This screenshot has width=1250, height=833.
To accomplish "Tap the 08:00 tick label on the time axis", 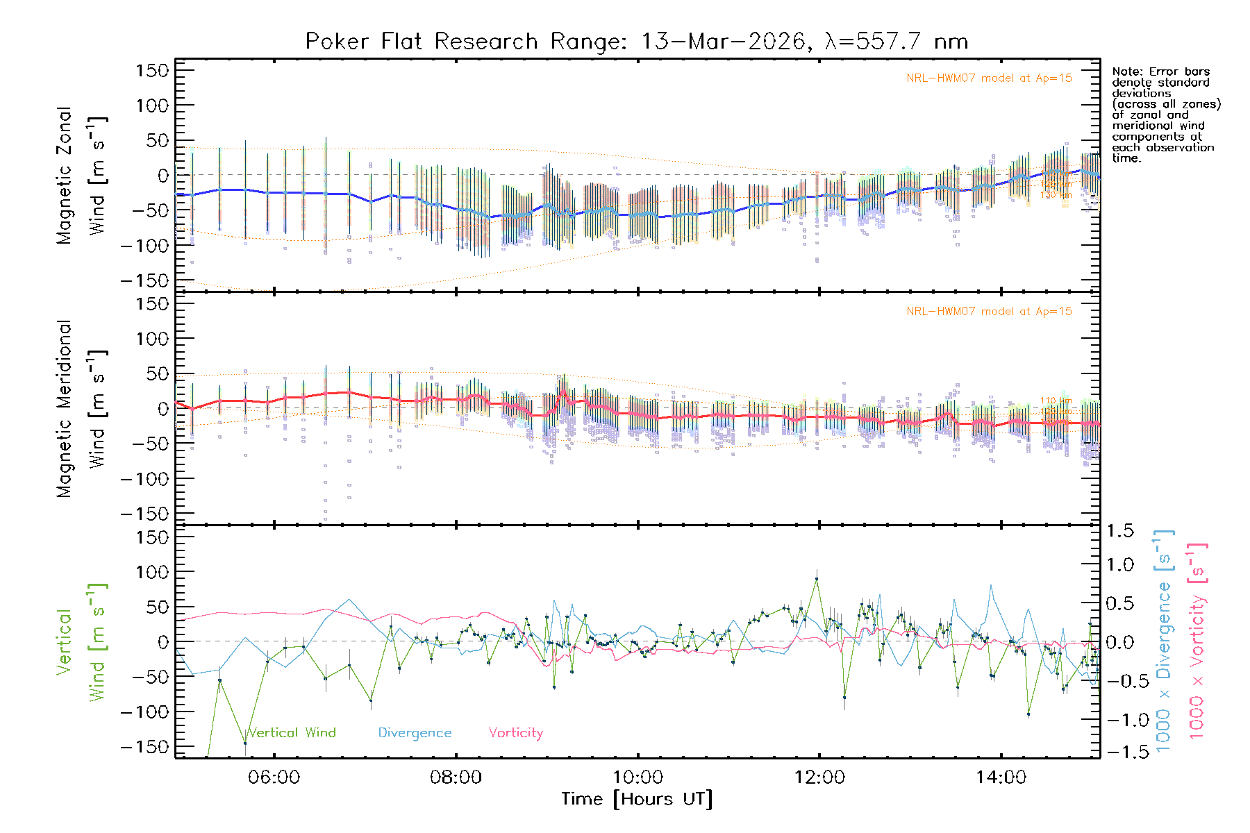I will click(456, 777).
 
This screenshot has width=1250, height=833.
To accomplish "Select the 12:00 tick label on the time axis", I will click(819, 777).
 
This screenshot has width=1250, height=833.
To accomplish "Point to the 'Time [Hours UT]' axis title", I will click(637, 800).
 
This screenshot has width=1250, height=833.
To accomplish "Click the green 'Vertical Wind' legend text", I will click(292, 733).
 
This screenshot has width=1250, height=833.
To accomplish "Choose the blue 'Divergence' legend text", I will click(415, 733).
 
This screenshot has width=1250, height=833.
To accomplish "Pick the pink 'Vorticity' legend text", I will click(515, 733).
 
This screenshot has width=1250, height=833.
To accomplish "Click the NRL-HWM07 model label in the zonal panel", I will click(989, 78).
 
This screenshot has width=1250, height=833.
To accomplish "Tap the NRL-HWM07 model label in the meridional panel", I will click(989, 312).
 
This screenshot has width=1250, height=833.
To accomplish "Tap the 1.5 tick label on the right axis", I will click(1119, 531).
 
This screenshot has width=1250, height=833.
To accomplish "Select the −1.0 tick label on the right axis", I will click(1119, 720).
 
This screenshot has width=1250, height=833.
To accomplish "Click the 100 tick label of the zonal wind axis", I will click(152, 106).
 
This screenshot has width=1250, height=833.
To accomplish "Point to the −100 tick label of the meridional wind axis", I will click(144, 479).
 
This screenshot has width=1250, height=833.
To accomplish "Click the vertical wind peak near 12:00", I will click(817, 578).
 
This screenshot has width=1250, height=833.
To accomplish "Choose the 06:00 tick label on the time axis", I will click(274, 777).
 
